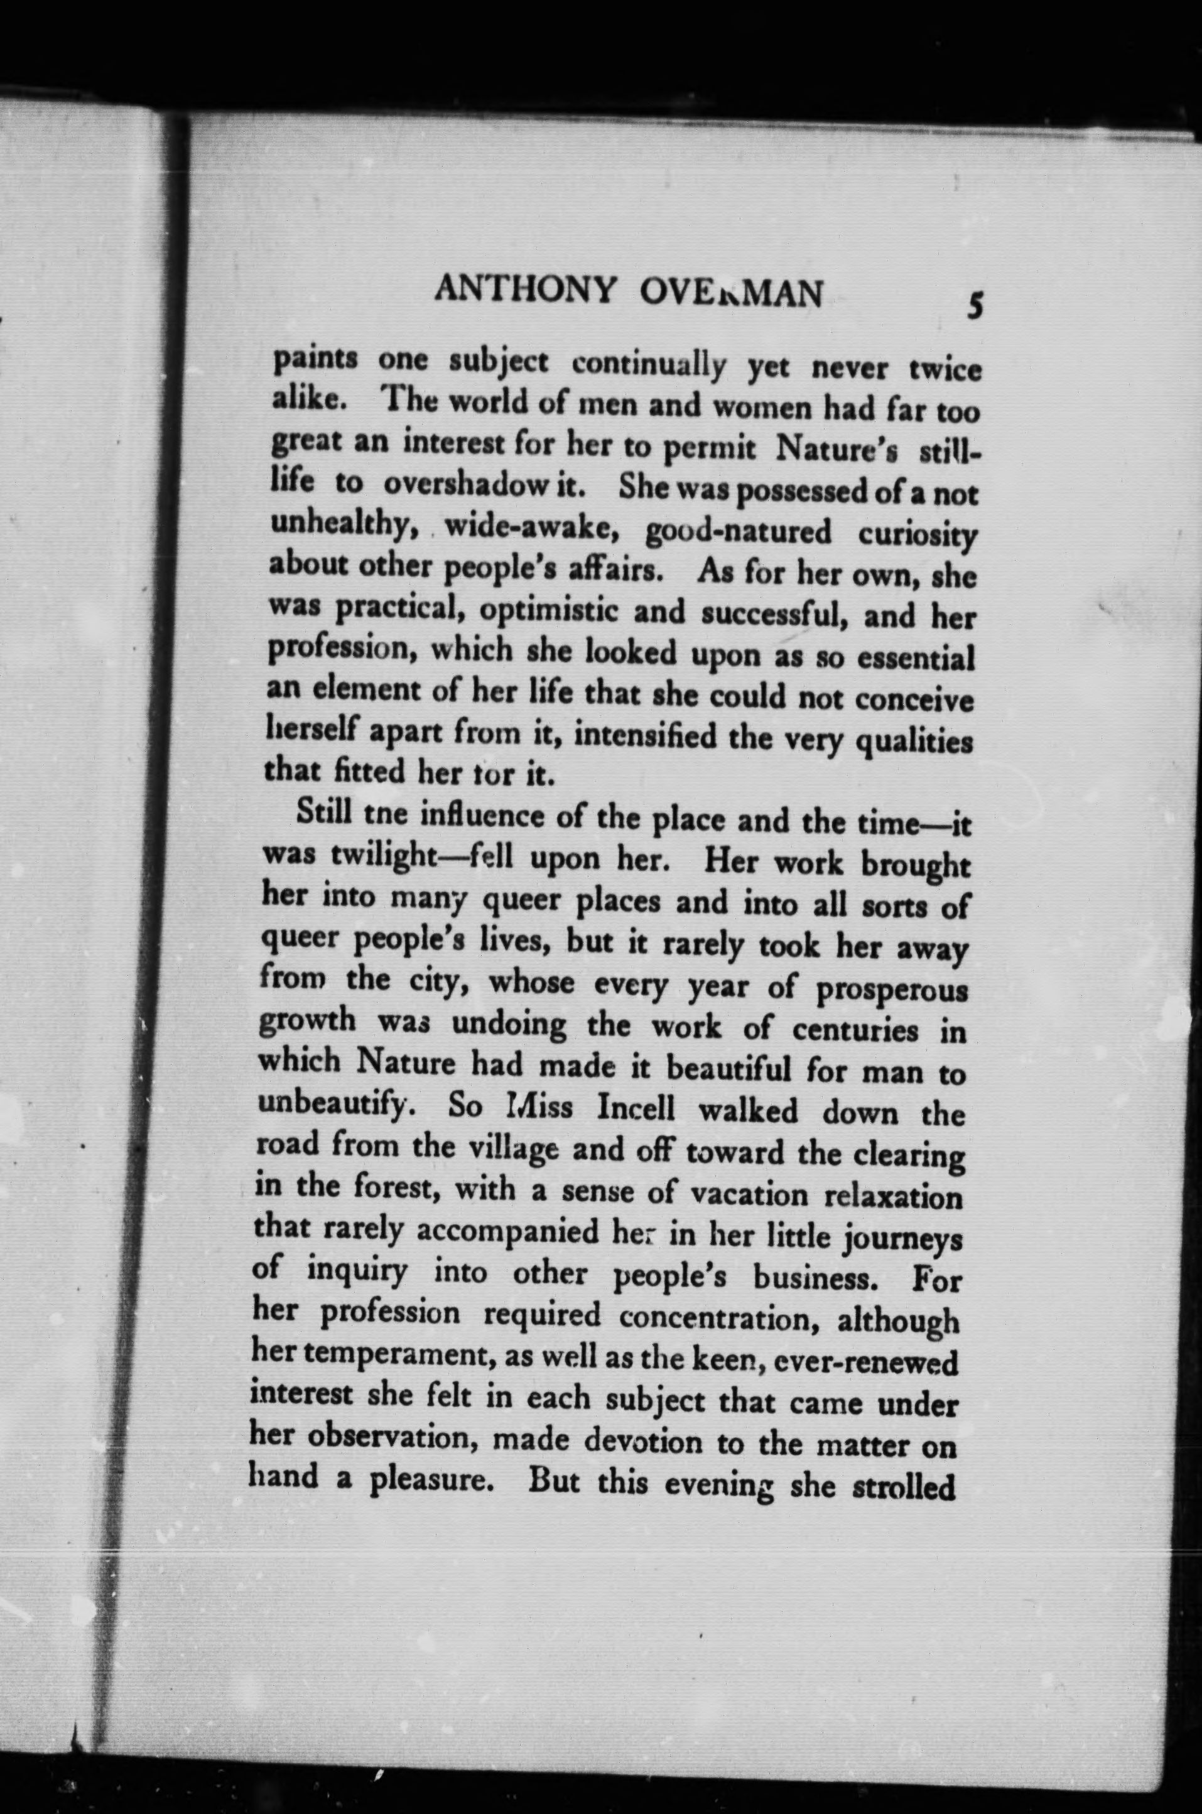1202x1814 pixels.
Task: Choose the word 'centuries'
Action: [x=855, y=1032]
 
